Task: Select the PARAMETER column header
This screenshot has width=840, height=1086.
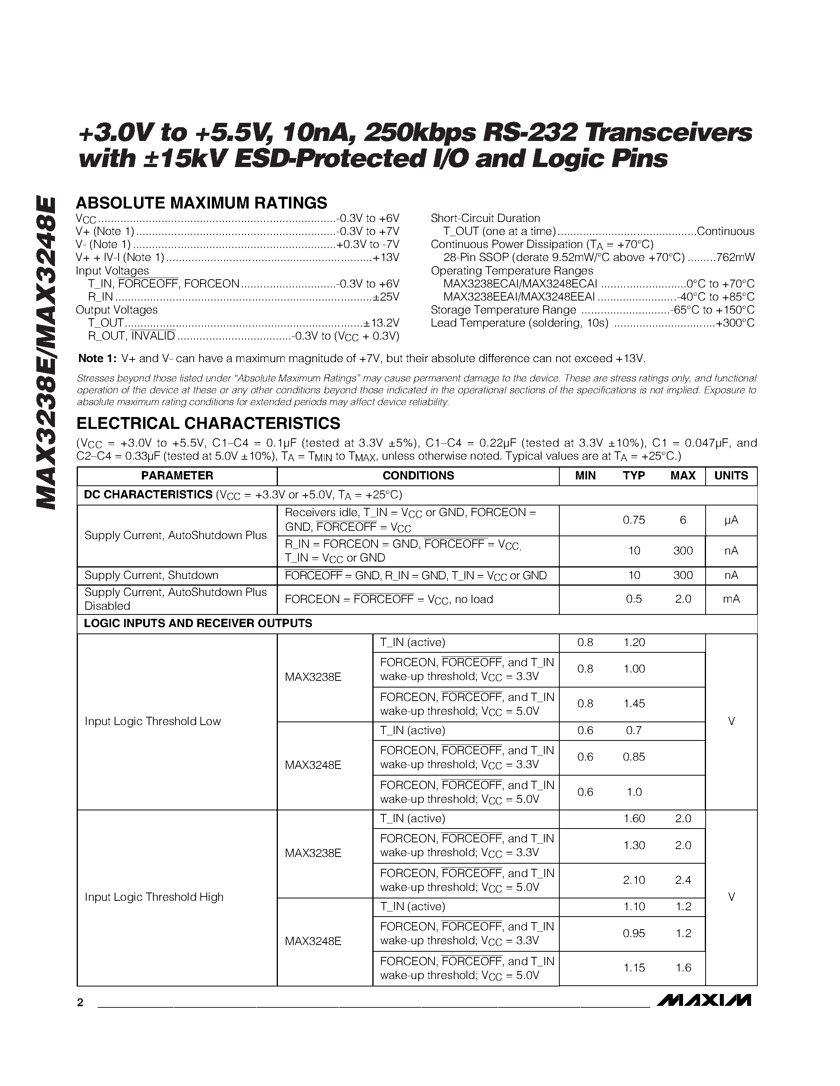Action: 177,475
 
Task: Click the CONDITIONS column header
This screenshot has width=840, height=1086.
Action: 418,475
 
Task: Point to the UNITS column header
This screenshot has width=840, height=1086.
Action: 731,475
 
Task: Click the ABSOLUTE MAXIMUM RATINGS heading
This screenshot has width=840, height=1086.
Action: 202,203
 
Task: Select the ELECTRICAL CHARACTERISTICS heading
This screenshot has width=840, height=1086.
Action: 208,423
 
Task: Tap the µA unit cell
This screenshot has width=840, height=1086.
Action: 731,520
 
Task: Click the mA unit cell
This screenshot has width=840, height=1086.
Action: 731,599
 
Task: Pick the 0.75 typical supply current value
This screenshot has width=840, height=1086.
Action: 634,520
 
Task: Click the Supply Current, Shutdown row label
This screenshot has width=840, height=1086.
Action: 151,575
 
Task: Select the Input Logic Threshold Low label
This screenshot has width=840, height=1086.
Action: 152,721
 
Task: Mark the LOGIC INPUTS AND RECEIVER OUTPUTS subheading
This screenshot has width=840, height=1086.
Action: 198,624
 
